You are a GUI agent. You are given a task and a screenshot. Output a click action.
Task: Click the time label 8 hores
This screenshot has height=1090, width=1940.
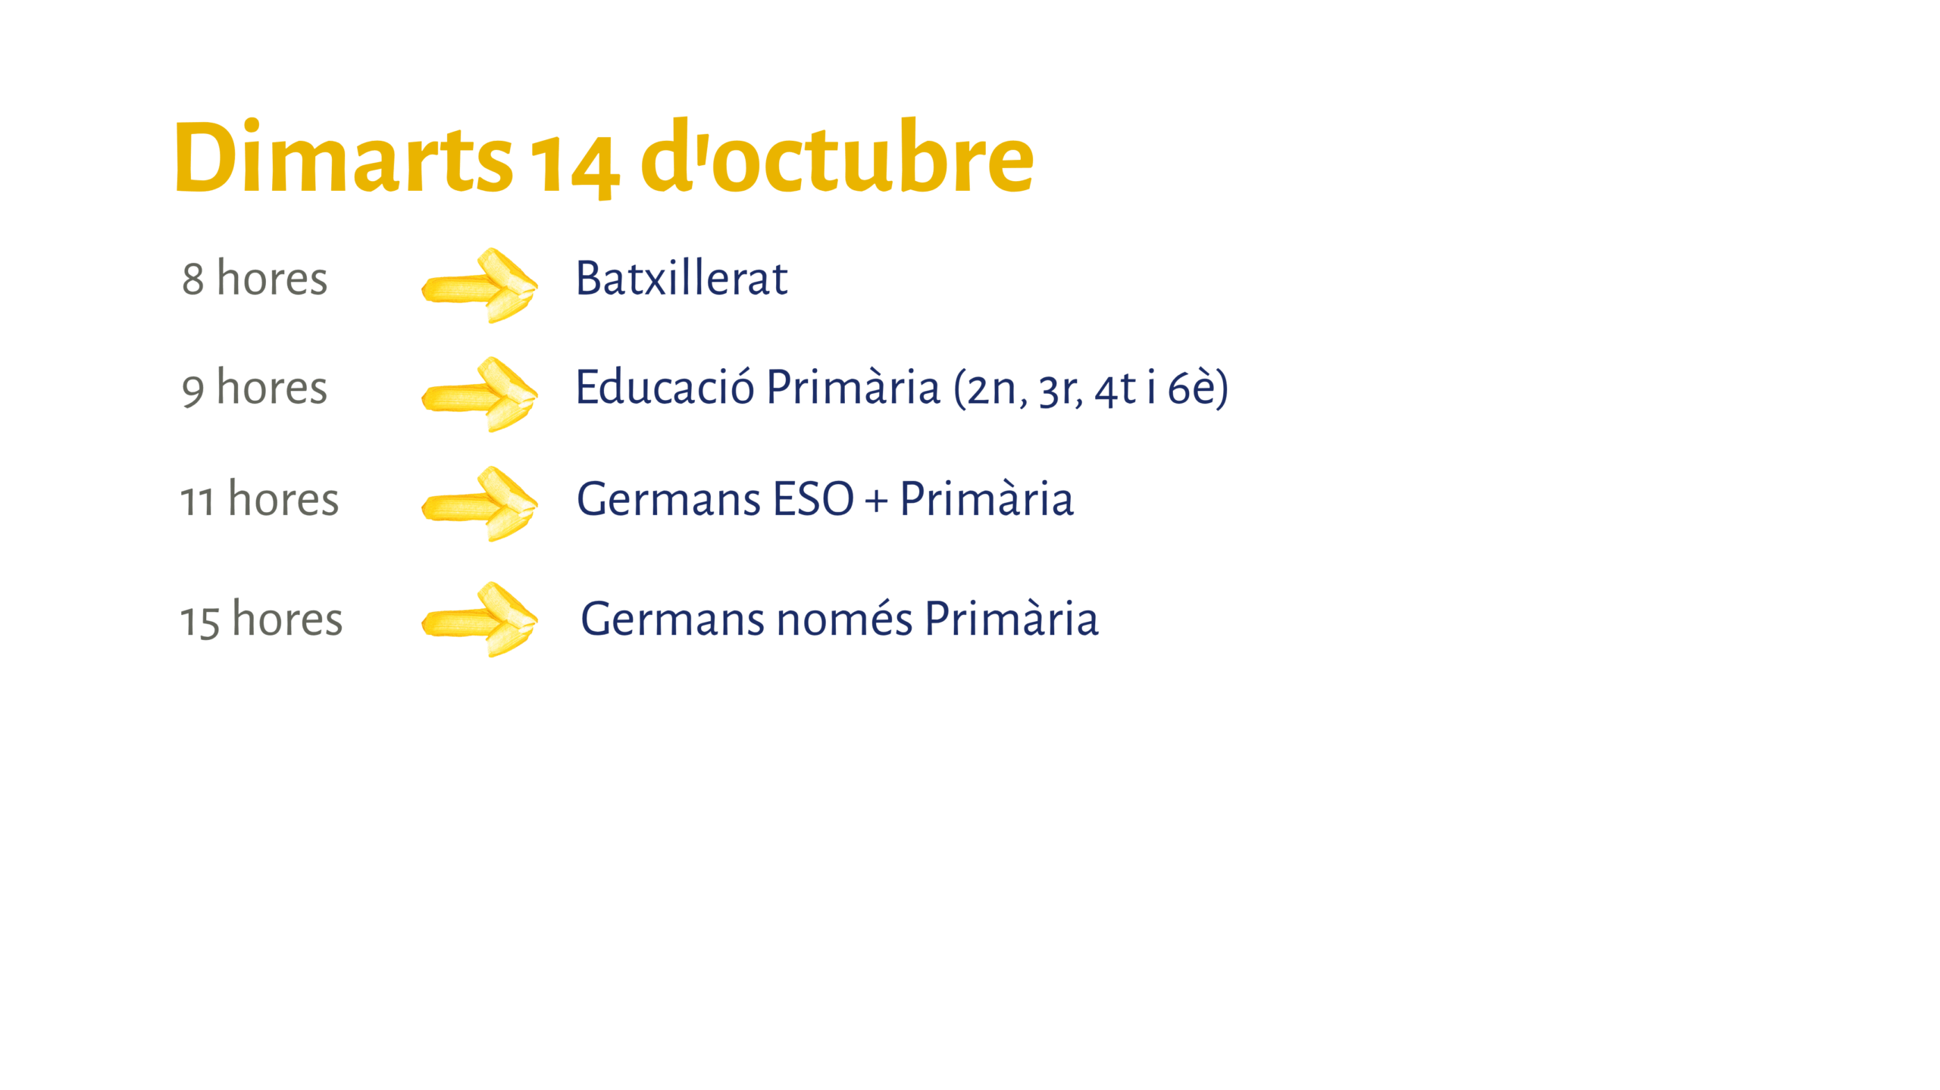tap(255, 278)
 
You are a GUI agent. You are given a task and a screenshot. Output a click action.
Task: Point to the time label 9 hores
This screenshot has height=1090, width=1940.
tap(255, 388)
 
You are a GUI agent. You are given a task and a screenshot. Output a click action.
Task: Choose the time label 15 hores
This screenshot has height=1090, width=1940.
tap(261, 619)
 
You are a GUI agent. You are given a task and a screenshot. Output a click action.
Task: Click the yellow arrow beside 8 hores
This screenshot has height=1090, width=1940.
tap(480, 286)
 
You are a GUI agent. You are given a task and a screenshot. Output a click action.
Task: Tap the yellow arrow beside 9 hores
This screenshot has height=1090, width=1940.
tap(480, 395)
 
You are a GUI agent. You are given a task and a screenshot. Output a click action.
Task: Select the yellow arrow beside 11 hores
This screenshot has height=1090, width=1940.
tap(480, 504)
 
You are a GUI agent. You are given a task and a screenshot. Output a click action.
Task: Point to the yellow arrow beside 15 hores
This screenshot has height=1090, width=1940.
tap(480, 620)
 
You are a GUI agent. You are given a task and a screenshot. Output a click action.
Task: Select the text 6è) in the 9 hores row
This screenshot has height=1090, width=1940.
tap(1198, 388)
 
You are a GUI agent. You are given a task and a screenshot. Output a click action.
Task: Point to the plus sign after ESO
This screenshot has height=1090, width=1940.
tap(877, 501)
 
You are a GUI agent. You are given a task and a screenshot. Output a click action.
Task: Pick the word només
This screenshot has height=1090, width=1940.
tap(845, 619)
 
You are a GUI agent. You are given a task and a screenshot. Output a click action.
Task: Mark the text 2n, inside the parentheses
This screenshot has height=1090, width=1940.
tap(991, 390)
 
